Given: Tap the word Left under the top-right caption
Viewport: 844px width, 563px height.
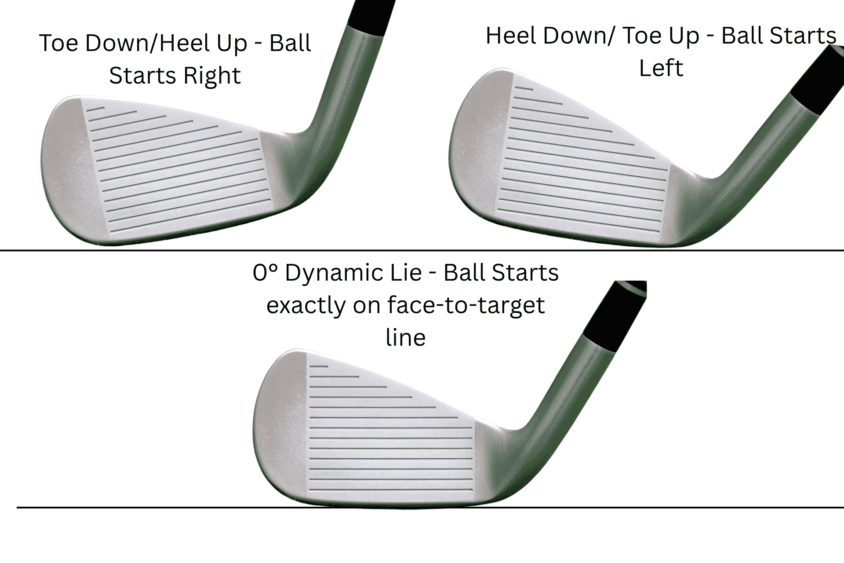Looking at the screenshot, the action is pos(661,68).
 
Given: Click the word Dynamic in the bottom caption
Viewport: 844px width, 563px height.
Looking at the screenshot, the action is pos(353,273).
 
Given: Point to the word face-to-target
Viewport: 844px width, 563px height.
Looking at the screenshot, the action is pos(466,305).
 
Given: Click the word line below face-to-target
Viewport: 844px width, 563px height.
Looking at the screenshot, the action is pos(405,338).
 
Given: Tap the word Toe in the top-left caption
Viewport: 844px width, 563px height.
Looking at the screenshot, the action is pos(58,43).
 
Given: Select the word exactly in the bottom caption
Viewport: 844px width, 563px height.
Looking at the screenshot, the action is pos(306,305).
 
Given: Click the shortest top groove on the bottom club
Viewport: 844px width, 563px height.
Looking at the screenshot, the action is pos(319,366).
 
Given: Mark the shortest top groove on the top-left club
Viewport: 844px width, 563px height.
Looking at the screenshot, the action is pos(96,109).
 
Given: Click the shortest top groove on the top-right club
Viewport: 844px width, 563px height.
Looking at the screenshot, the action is pos(524,89).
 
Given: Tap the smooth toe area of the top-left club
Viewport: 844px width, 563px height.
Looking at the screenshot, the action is pos(66,167).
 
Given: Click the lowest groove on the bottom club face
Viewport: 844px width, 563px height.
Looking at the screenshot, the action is pos(391,490).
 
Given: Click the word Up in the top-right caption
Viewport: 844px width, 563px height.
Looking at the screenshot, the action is pos(683,36).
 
